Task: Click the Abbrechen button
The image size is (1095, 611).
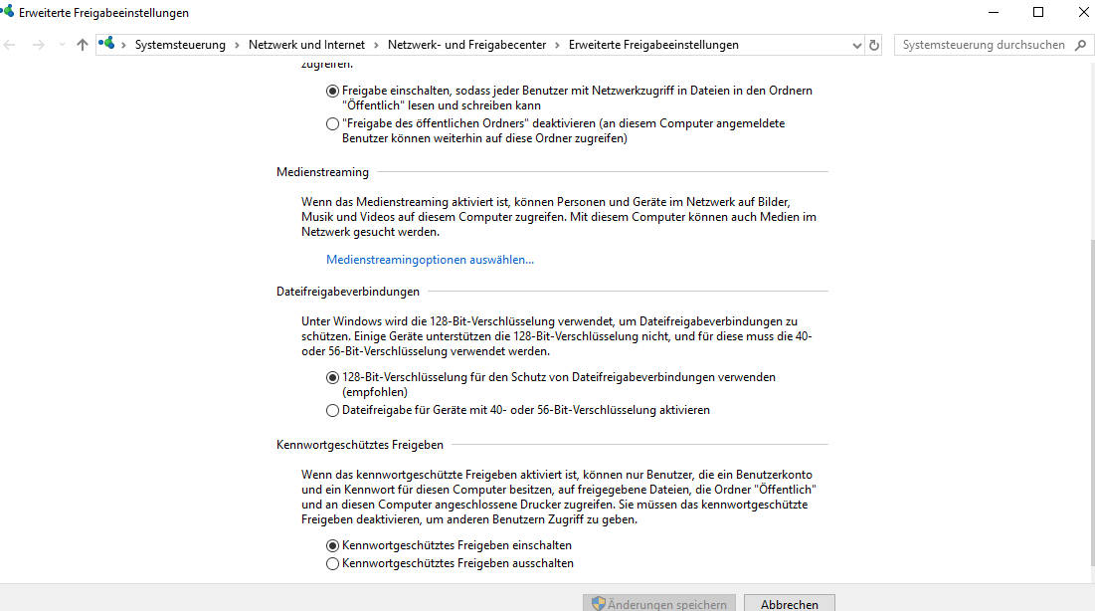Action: pos(790,604)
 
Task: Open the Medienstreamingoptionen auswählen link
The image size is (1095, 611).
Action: pos(430,260)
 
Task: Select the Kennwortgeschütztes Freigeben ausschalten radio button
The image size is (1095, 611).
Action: pos(332,563)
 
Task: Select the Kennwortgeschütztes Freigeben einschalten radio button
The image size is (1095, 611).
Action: pos(332,545)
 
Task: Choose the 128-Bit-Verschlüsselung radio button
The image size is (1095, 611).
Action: pos(332,378)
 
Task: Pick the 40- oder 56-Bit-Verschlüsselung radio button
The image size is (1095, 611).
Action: pos(332,410)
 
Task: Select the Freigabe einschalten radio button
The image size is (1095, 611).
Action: pos(332,91)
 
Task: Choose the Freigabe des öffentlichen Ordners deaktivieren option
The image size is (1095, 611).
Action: pos(332,124)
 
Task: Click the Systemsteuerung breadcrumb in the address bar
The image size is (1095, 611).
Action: pos(180,45)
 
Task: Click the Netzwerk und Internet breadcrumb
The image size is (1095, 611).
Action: pos(306,45)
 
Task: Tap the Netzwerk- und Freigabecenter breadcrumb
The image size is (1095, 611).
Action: pos(467,45)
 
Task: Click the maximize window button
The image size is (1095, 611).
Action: pos(1038,12)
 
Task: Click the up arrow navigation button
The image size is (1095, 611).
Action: pos(83,45)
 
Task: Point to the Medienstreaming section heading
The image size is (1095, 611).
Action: pos(322,172)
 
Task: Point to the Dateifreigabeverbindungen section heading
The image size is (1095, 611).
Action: pos(348,292)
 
